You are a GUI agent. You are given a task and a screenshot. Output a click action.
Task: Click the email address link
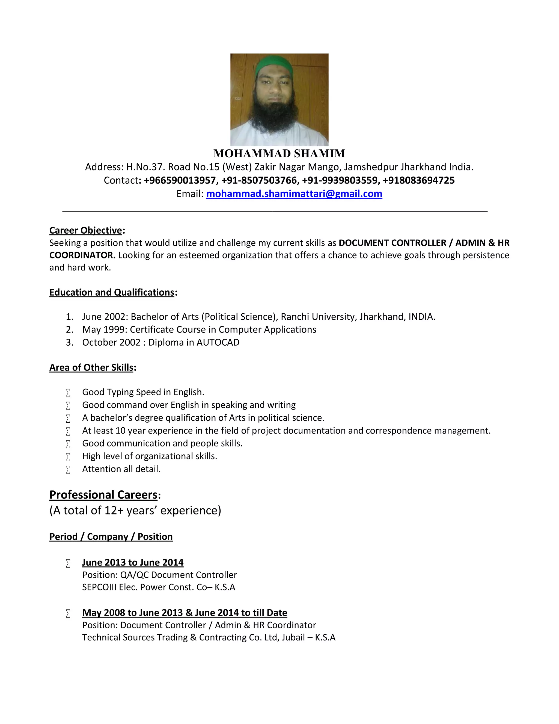[294, 194]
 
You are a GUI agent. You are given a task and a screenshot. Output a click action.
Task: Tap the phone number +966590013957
[180, 180]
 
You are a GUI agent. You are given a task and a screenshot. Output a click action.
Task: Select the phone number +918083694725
[419, 180]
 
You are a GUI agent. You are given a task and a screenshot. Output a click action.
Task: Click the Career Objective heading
[86, 230]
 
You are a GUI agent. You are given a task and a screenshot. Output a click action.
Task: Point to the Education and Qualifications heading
[112, 292]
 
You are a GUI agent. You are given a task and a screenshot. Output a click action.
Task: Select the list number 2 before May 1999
[69, 329]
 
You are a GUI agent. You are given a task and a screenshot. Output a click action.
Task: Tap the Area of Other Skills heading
[91, 368]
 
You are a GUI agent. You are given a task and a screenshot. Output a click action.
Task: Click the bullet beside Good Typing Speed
[68, 393]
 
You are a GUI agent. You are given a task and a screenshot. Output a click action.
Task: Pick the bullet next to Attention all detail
[68, 470]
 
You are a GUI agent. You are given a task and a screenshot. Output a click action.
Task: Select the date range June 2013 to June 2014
[133, 563]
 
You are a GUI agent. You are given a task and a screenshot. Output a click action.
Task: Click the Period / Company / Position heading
[111, 537]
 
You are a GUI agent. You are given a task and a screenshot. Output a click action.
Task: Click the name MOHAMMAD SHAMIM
[279, 154]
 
